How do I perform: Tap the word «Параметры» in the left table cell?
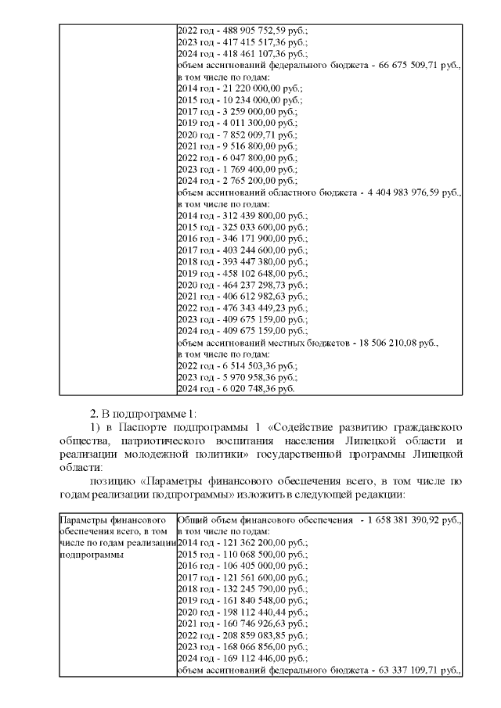coord(85,519)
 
